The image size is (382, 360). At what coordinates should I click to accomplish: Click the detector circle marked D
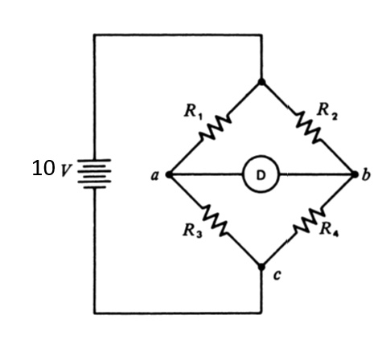point(261,174)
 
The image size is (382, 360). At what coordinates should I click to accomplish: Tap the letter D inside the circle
point(261,174)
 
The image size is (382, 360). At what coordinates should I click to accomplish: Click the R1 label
point(192,110)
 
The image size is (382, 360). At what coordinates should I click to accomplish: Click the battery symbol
point(96,170)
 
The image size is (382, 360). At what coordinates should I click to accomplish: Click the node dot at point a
point(166,174)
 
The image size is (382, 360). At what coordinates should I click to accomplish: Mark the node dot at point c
point(261,267)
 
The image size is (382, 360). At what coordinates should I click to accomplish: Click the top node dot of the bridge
point(261,81)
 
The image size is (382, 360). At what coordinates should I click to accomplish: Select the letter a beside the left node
point(154,174)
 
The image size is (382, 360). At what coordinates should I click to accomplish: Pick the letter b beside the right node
point(367,174)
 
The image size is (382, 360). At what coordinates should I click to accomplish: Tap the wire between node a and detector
point(205,174)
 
